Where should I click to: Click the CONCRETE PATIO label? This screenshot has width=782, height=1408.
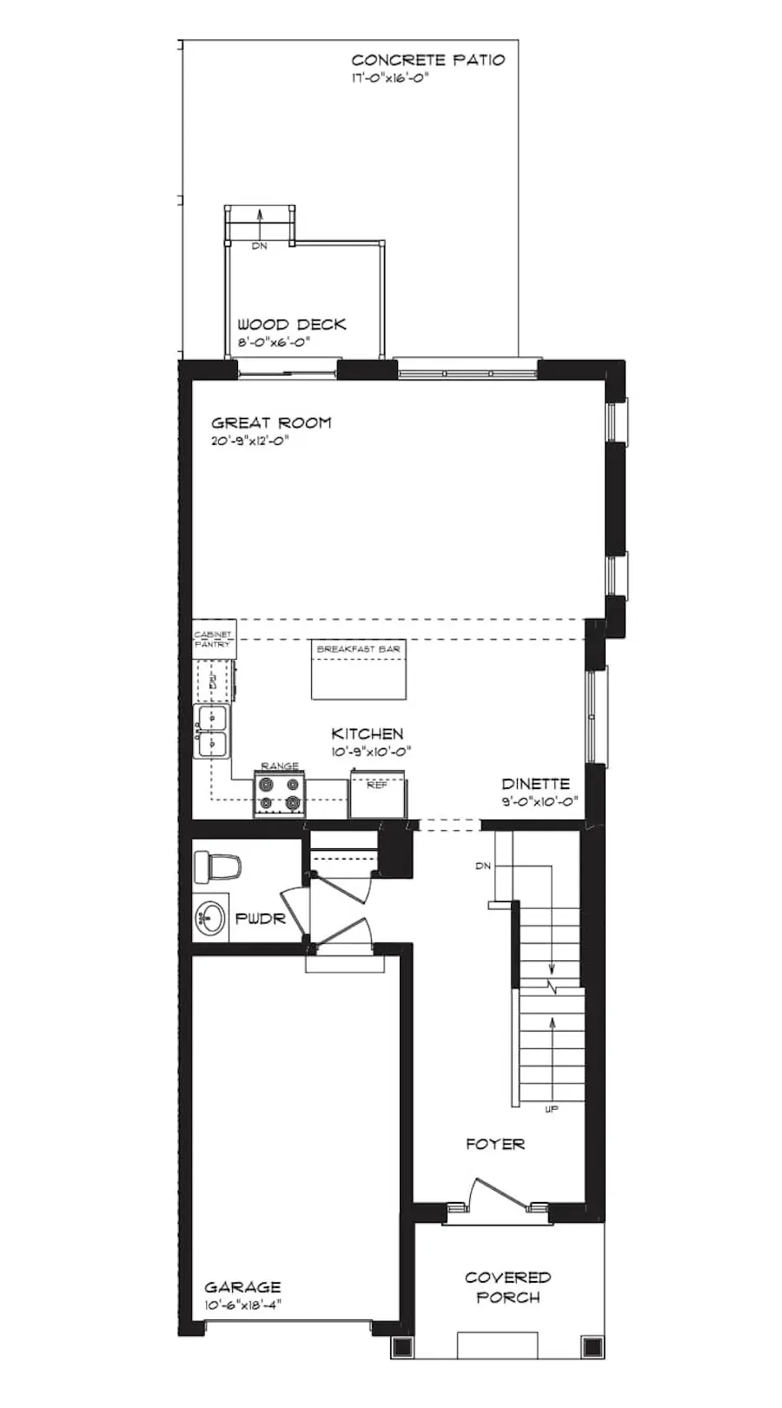[x=427, y=60]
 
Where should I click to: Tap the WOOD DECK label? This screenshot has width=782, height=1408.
[x=292, y=324]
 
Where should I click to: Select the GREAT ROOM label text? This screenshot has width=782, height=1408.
[x=271, y=423]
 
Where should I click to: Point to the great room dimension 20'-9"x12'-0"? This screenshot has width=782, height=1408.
[x=249, y=441]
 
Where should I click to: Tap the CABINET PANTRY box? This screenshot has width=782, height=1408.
[x=213, y=639]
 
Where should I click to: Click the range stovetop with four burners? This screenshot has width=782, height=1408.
[x=280, y=794]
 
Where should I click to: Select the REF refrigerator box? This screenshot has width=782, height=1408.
[x=377, y=793]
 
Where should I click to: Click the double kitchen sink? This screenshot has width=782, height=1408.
[x=212, y=731]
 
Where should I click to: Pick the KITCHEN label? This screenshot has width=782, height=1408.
[x=368, y=734]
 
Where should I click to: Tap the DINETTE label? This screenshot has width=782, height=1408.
[x=535, y=784]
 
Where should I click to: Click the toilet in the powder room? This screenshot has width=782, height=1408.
[x=216, y=867]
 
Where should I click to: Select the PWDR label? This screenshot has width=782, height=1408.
[x=260, y=919]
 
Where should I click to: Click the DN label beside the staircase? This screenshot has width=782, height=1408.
[x=483, y=867]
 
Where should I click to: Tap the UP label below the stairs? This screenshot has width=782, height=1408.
[x=552, y=1109]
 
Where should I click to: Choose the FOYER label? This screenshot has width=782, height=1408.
[x=495, y=1144]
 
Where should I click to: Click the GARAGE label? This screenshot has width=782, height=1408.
[x=242, y=1287]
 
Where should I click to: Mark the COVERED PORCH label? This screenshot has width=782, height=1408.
[x=508, y=1287]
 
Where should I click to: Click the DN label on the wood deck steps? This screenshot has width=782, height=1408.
[x=259, y=246]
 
